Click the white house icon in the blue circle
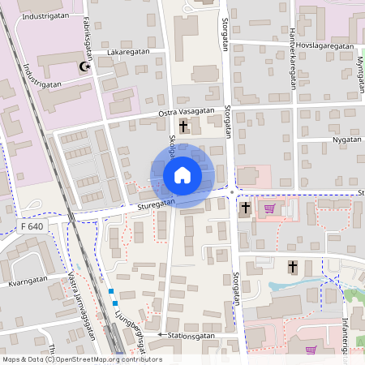(x=182, y=175)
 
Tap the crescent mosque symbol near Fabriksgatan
(x=83, y=68)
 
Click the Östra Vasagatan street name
(x=187, y=110)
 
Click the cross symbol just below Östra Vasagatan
(x=183, y=127)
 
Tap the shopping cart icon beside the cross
(x=269, y=208)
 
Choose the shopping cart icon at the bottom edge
(x=311, y=350)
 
